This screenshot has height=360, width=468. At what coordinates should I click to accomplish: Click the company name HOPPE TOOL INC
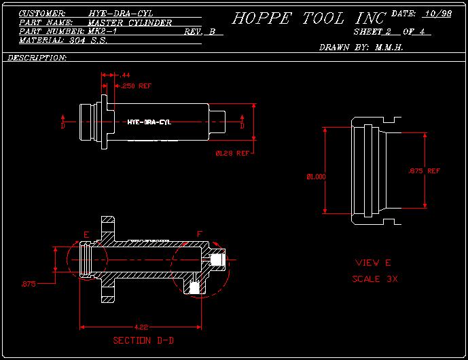[309, 18]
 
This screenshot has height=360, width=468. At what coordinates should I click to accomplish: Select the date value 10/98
[437, 14]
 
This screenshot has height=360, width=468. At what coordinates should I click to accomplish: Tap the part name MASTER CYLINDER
[130, 22]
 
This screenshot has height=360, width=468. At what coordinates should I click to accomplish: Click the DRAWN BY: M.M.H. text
[361, 48]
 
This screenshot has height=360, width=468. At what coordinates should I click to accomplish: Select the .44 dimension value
[125, 75]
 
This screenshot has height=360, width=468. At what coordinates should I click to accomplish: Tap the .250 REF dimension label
[137, 86]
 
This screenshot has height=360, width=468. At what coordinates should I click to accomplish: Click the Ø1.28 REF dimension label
[232, 154]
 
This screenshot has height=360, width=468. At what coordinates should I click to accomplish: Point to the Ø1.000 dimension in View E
[316, 177]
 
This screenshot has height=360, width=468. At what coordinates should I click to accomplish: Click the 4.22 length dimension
[141, 327]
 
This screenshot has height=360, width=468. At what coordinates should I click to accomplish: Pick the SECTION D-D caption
[144, 340]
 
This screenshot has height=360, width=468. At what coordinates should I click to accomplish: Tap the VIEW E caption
[373, 263]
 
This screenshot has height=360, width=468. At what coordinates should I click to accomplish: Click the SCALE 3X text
[375, 279]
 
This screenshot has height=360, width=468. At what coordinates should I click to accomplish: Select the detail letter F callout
[199, 234]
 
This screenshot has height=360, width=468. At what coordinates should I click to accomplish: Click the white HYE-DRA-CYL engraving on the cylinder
[149, 122]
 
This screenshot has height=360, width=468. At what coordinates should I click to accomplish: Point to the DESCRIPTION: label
[37, 58]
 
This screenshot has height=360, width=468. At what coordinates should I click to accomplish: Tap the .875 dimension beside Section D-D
[28, 283]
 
